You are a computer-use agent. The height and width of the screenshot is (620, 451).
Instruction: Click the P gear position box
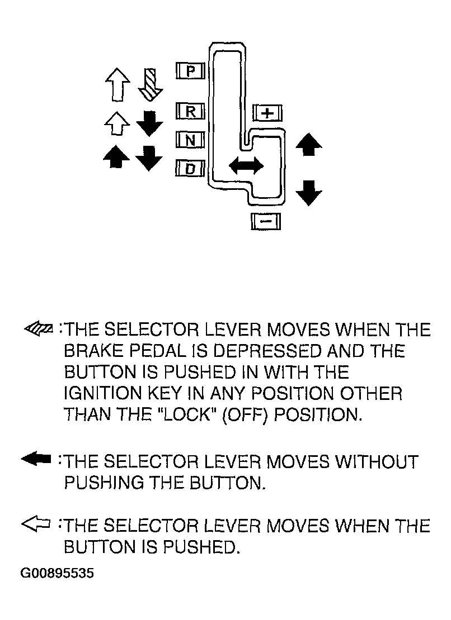pyautogui.click(x=190, y=71)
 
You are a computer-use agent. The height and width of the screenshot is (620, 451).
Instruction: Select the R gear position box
pyautogui.click(x=190, y=111)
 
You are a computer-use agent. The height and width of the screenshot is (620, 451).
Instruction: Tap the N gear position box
pyautogui.click(x=190, y=140)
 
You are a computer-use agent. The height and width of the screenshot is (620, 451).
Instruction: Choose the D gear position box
pyautogui.click(x=190, y=169)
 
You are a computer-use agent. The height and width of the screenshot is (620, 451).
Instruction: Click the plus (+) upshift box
pyautogui.click(x=267, y=113)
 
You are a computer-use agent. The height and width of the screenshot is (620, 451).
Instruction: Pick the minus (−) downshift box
pyautogui.click(x=266, y=221)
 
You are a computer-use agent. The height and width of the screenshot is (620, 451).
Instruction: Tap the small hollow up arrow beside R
pyautogui.click(x=117, y=123)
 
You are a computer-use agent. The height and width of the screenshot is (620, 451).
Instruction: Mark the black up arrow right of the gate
pyautogui.click(x=309, y=144)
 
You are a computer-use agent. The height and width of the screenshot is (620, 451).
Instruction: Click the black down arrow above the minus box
pyautogui.click(x=309, y=193)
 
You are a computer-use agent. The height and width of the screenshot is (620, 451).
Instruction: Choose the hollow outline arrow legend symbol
pyautogui.click(x=36, y=524)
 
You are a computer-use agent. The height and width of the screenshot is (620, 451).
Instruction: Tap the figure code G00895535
pyautogui.click(x=58, y=573)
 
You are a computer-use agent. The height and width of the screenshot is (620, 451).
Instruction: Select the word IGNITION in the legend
pyautogui.click(x=103, y=393)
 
